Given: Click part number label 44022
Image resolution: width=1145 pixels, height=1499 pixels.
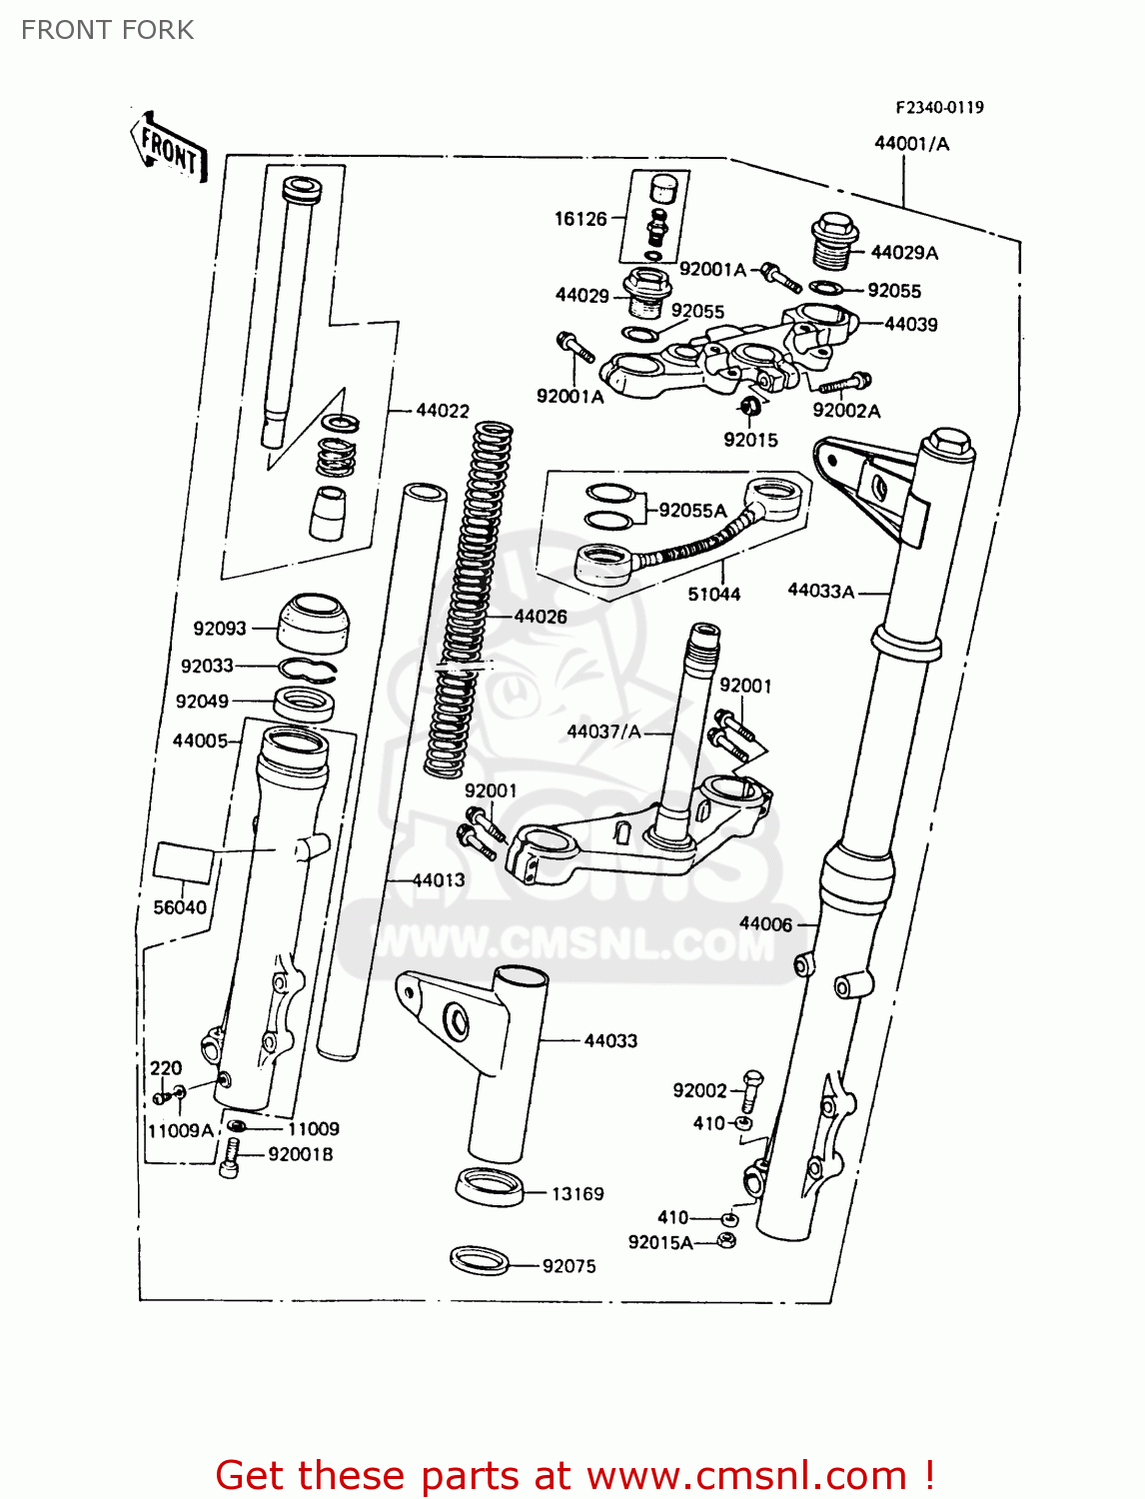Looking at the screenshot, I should (442, 411).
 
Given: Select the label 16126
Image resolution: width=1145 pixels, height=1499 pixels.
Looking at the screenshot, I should (580, 219).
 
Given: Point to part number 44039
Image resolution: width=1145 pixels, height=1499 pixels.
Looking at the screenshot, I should (911, 324).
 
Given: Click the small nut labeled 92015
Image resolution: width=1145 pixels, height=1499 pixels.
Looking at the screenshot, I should (751, 406).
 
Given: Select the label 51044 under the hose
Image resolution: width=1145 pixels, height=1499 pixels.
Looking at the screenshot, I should (713, 595).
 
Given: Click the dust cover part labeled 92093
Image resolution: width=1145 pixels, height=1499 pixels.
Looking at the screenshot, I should (314, 622).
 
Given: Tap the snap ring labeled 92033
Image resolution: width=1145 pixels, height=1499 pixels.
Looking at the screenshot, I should (307, 669).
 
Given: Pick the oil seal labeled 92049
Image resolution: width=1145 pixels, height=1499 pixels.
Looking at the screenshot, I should (305, 704).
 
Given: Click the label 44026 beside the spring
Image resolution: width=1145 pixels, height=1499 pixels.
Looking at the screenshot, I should (541, 617).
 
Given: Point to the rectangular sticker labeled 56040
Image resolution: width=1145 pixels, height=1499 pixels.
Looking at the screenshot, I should (184, 862).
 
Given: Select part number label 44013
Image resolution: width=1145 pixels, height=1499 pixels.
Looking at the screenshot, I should (439, 880).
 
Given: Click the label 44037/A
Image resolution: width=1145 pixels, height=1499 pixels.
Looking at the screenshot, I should (603, 732).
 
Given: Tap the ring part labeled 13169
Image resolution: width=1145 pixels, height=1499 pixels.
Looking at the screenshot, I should (490, 1186).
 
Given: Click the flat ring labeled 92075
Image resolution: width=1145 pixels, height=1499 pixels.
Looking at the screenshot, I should (480, 1261).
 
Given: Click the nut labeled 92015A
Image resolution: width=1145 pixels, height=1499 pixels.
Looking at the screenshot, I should (727, 1241).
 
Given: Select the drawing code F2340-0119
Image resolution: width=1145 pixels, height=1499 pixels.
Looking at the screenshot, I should (938, 107).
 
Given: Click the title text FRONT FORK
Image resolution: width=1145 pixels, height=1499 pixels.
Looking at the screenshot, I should (107, 30).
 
